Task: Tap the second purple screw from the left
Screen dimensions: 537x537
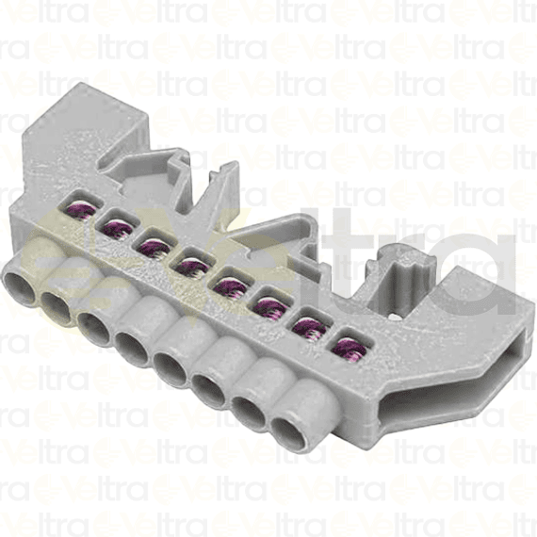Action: click(x=119, y=226)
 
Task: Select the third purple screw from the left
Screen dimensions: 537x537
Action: click(x=155, y=247)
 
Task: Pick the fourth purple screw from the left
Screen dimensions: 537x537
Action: click(x=193, y=266)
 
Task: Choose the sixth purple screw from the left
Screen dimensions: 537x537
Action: click(x=270, y=306)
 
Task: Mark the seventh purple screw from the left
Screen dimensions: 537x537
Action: click(x=309, y=326)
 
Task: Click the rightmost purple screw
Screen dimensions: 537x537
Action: click(x=348, y=346)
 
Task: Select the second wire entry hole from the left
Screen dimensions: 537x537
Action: click(x=57, y=302)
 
